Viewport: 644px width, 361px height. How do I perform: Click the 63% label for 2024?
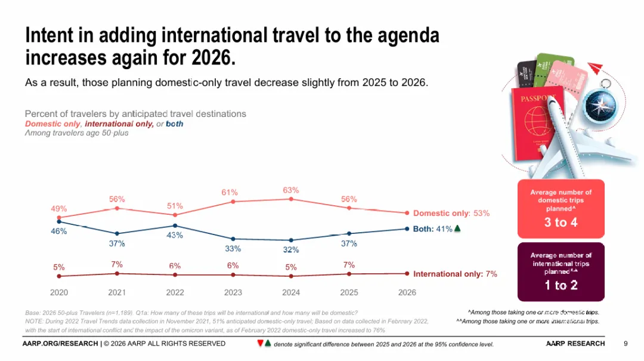click(x=291, y=190)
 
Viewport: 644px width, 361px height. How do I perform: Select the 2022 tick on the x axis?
click(x=175, y=292)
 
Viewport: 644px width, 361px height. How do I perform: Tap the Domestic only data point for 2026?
click(x=407, y=213)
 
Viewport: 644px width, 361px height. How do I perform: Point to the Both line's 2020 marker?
click(x=58, y=222)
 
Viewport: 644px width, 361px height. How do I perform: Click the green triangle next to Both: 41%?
click(x=457, y=229)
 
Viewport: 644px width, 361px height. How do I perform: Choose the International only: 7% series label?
click(x=455, y=274)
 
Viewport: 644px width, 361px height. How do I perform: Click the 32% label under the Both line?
click(x=291, y=249)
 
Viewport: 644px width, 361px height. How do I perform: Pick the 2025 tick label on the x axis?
click(x=349, y=292)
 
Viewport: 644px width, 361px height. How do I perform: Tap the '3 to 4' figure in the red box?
click(x=561, y=223)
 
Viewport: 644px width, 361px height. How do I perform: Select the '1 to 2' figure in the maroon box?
click(x=561, y=285)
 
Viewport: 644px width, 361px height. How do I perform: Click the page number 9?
click(x=626, y=343)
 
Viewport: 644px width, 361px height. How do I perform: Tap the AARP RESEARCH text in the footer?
click(x=575, y=343)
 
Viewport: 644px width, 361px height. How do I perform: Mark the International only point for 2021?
click(x=117, y=273)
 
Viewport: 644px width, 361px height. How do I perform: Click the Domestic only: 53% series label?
click(x=451, y=213)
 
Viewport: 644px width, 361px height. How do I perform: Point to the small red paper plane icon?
click(x=597, y=67)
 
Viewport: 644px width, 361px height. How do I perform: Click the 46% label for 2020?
click(x=58, y=232)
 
